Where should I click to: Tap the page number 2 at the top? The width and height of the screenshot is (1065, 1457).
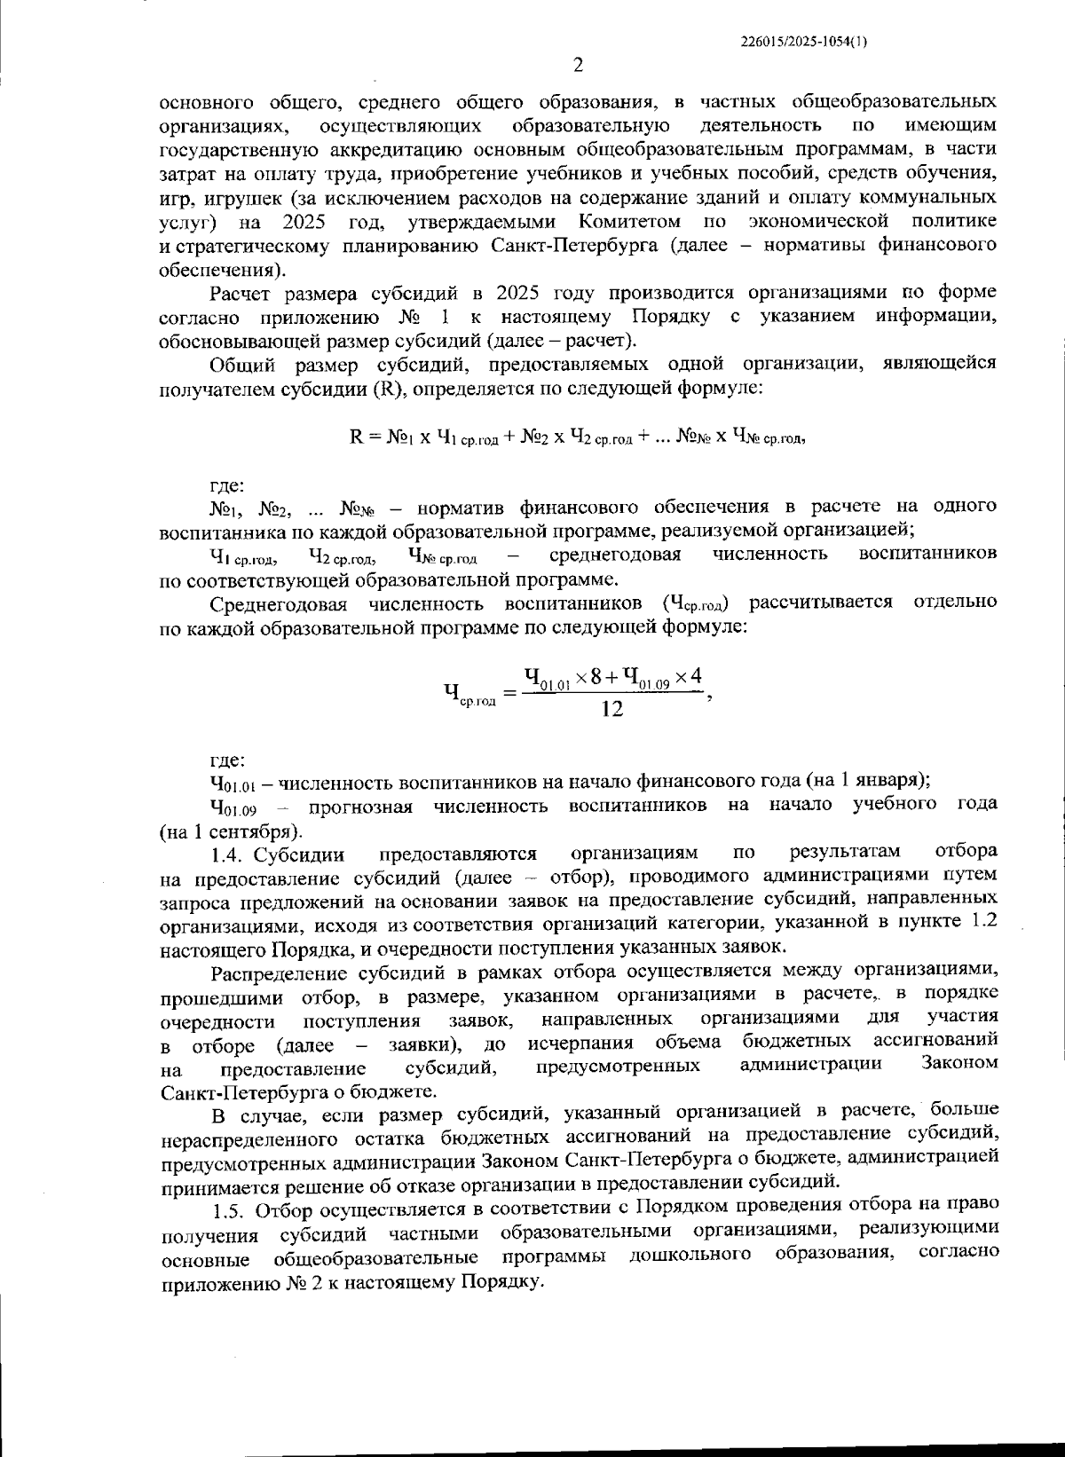tap(577, 65)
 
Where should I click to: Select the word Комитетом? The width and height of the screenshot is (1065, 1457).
tap(631, 220)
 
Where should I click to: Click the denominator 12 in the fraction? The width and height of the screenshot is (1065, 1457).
tap(611, 709)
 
